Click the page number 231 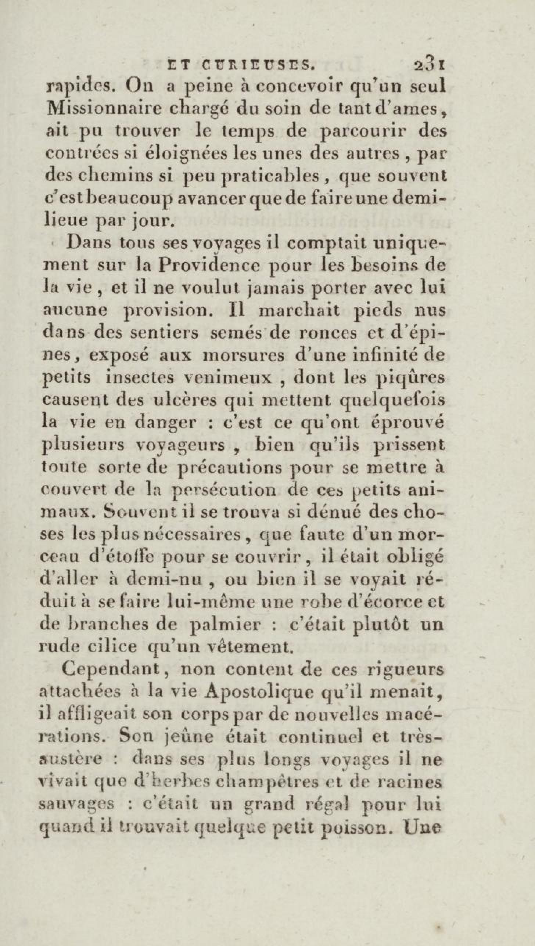point(430,65)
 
